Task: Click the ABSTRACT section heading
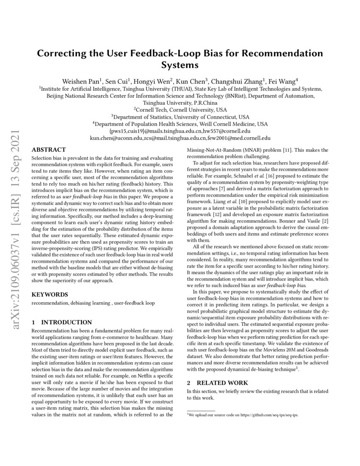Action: [49, 150]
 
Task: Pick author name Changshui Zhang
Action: [239, 80]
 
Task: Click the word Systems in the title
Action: [180, 65]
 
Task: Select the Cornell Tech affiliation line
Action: [180, 109]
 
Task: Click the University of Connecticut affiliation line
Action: [180, 116]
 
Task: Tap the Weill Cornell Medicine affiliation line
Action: [180, 124]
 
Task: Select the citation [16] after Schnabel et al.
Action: [259, 175]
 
